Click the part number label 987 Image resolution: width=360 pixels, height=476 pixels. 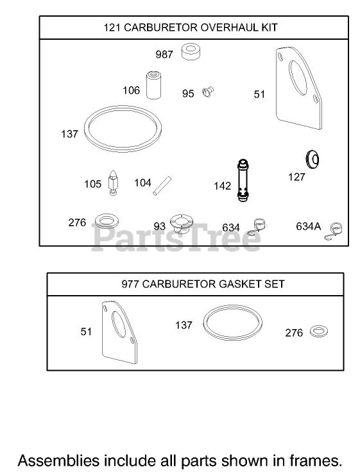[164, 55]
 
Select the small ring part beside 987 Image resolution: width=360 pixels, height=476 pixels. [191, 52]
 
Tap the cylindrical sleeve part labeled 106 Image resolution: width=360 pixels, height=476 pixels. [153, 85]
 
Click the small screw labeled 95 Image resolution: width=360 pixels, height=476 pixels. [208, 92]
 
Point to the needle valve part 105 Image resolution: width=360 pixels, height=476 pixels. [113, 183]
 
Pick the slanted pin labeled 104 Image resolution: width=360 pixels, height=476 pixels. [162, 186]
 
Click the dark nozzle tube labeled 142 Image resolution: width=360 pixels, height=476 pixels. [243, 180]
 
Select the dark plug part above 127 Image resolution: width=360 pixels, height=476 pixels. [313, 158]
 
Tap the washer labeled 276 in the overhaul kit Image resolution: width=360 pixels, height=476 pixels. [107, 221]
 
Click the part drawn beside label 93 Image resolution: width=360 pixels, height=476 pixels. [181, 223]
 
